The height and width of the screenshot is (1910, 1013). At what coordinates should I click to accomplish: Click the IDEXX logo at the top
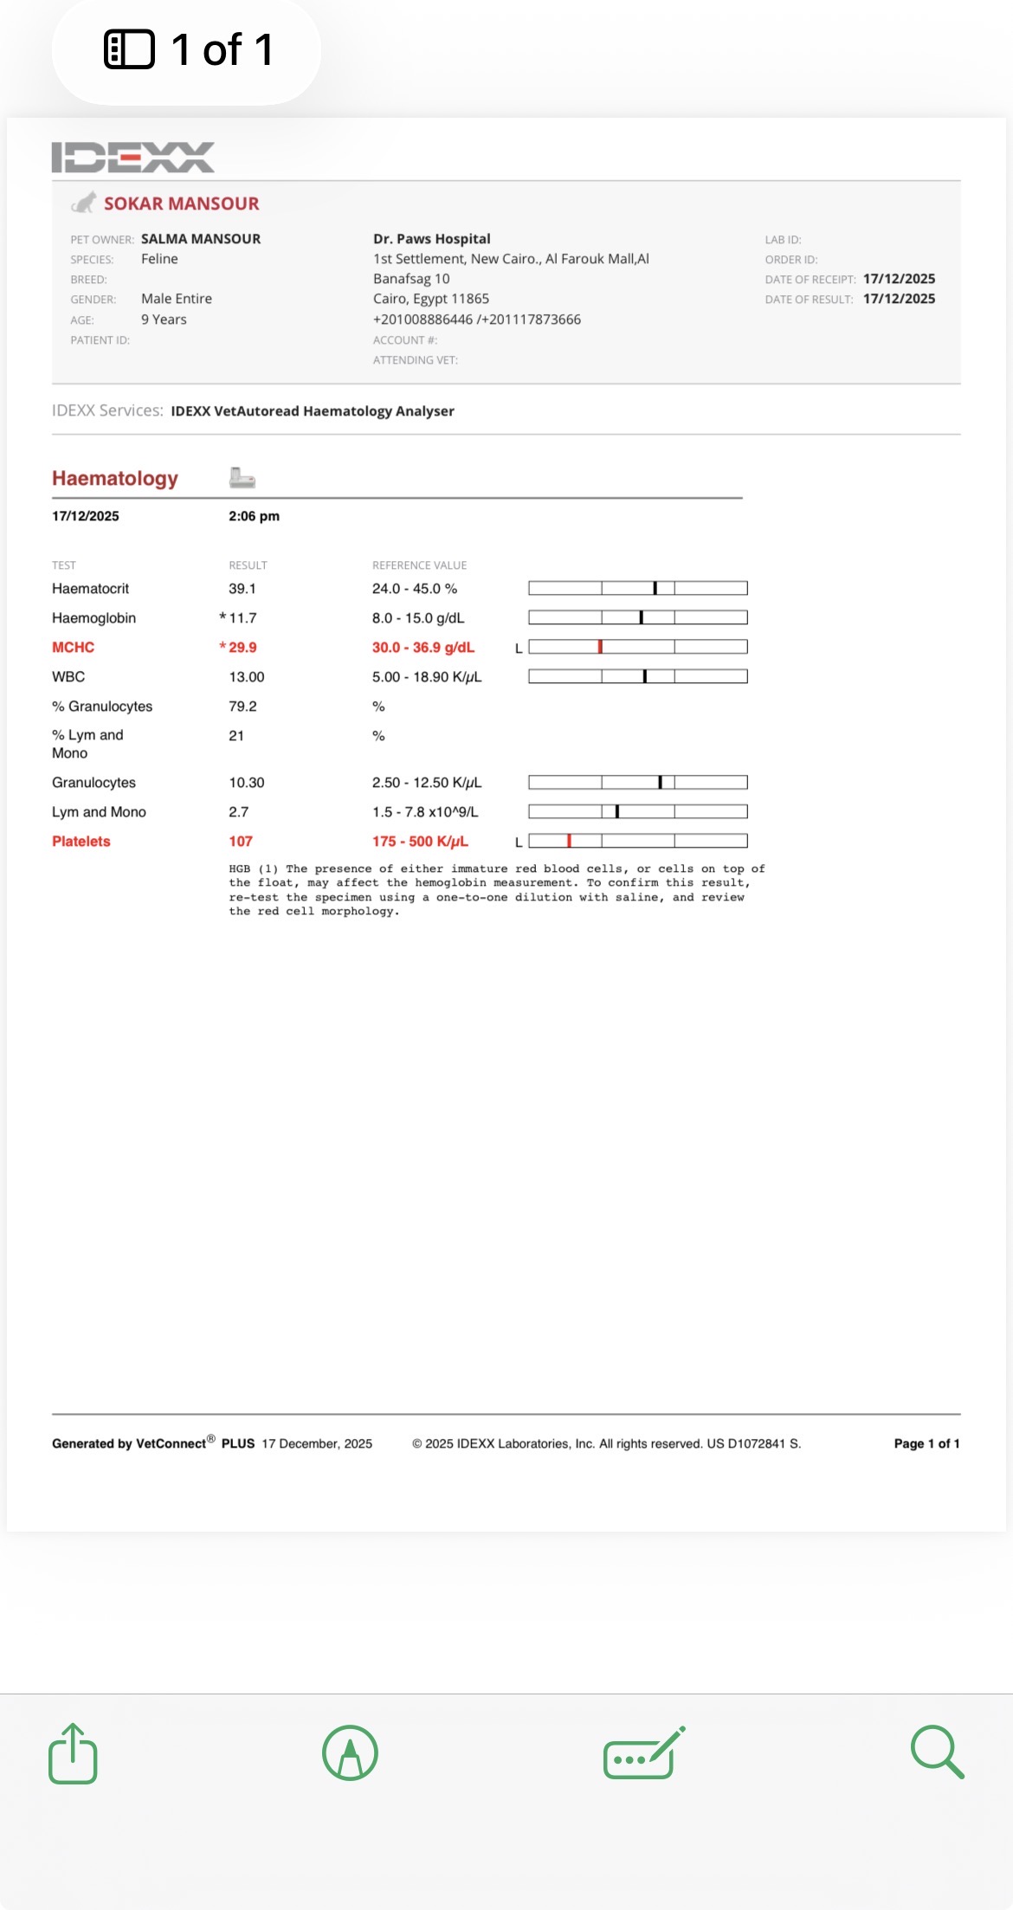[132, 158]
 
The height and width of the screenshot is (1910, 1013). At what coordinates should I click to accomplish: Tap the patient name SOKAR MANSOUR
[181, 203]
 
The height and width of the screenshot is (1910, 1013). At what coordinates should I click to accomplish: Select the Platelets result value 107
[241, 842]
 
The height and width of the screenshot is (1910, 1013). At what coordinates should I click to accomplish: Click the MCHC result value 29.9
[242, 648]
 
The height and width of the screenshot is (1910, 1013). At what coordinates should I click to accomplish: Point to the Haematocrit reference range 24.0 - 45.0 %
[414, 589]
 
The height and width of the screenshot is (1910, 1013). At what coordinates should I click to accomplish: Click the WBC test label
[68, 677]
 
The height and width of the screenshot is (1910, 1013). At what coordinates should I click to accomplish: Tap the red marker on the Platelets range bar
[569, 841]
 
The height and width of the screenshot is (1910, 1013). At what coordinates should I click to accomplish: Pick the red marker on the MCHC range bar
[600, 647]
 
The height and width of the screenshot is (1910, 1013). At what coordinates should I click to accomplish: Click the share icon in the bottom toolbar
[73, 1753]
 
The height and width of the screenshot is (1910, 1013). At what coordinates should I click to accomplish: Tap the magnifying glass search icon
[937, 1752]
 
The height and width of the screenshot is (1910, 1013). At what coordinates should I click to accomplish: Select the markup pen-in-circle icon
[350, 1753]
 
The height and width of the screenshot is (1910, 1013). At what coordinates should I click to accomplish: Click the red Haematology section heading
[115, 479]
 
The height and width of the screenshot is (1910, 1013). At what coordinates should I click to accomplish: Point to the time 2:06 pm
[254, 516]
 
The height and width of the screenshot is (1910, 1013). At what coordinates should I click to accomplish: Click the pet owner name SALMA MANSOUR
[201, 239]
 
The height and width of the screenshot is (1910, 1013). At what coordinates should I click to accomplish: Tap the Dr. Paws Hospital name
[431, 239]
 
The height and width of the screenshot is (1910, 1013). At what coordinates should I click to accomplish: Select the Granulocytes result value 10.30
[247, 783]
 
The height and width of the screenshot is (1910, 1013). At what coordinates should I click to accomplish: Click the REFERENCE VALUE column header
[419, 565]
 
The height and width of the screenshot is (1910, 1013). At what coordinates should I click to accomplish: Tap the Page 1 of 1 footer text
[926, 1443]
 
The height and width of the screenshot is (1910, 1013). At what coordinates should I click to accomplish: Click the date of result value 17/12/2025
[899, 299]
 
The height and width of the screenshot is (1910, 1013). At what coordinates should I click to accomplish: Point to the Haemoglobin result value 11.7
[242, 618]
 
